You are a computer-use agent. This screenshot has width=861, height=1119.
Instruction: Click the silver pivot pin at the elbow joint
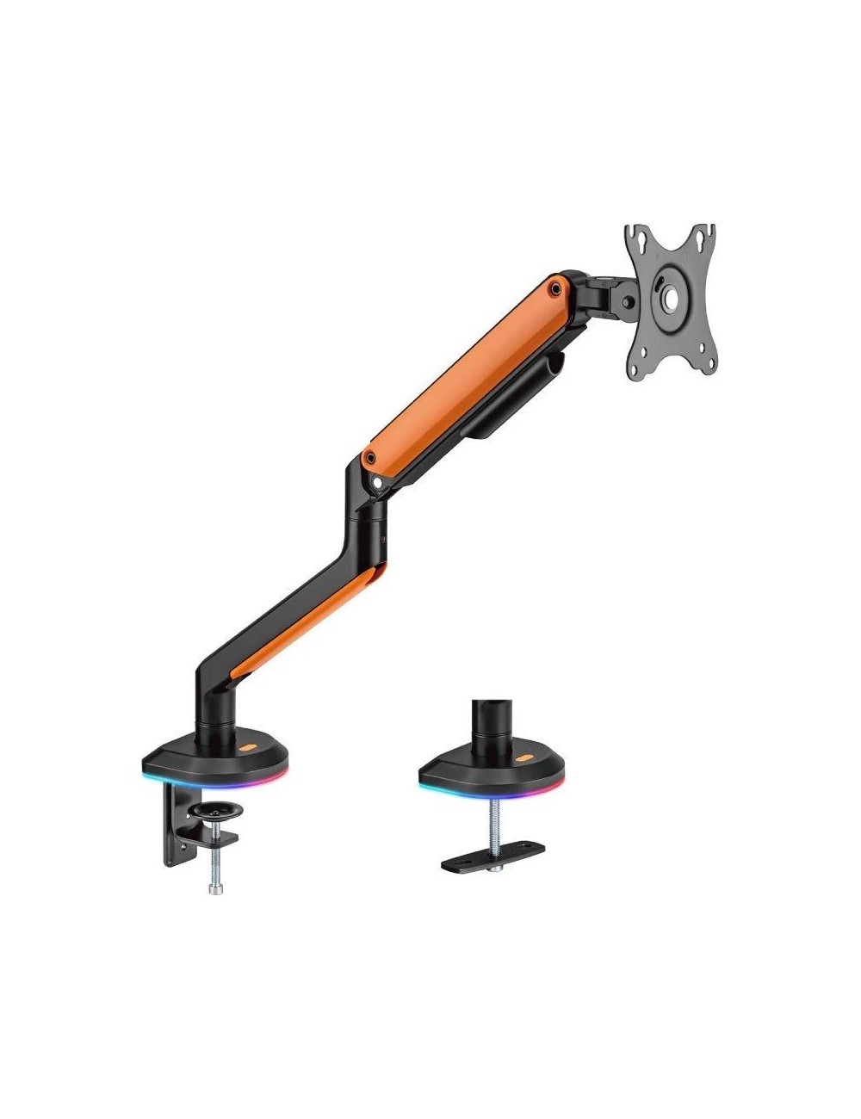coord(377,484)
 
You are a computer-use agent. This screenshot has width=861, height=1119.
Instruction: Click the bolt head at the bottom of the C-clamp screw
coord(211,887)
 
